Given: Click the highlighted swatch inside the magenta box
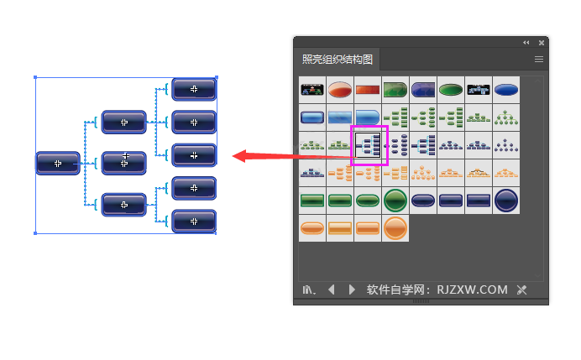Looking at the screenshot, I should tap(368, 145).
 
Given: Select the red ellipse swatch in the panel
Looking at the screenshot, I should tap(340, 90).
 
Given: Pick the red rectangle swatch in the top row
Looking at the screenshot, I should tap(367, 90).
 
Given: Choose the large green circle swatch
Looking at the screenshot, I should tap(395, 201).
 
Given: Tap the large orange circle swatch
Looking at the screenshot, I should tap(395, 228).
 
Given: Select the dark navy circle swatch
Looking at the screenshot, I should tap(505, 201).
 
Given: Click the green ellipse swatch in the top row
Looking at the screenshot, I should tap(450, 90).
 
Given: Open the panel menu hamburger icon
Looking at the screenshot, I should tap(539, 60).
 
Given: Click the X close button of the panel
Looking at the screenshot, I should tap(542, 42).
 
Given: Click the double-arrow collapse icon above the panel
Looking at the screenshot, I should tap(526, 42).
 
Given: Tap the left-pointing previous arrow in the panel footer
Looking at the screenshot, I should tap(331, 290).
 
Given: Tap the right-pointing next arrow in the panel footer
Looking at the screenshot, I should tap(352, 290).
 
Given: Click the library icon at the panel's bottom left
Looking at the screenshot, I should tap(309, 290).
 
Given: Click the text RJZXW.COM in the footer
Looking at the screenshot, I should tap(473, 290).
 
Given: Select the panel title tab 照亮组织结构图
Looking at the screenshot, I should tap(338, 60).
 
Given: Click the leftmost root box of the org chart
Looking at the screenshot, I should tap(58, 163).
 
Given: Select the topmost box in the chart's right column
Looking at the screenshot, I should tap(194, 89).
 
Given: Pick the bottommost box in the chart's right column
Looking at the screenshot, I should tap(194, 222).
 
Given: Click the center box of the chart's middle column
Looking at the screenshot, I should tap(124, 162).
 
